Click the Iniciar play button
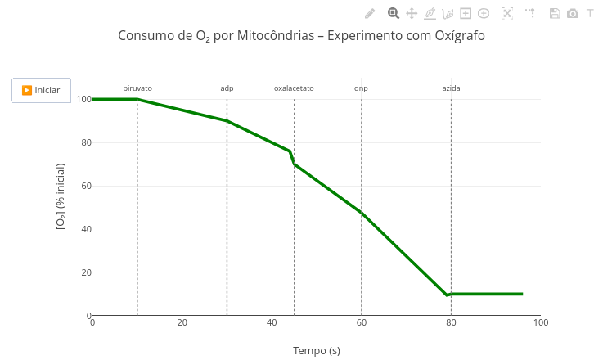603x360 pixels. [x=41, y=90]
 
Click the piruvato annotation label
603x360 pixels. [x=137, y=88]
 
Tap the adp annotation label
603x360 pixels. [x=227, y=88]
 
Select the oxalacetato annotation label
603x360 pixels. [x=294, y=88]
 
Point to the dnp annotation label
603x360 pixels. [x=361, y=88]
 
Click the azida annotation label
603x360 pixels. [x=451, y=88]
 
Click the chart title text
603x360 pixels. [x=301, y=36]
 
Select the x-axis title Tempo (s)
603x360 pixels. [x=317, y=351]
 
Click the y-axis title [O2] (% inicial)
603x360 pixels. [x=61, y=207]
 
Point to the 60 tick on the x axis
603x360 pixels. [x=362, y=323]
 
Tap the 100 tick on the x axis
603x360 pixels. [x=540, y=323]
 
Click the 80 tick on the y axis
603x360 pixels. [x=83, y=142]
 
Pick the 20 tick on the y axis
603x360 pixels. [x=83, y=272]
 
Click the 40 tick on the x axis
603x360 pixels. [x=272, y=323]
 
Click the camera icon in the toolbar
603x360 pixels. [x=573, y=13]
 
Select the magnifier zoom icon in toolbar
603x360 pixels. [x=394, y=13]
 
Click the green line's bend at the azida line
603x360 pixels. [x=448, y=294]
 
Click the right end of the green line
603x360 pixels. [x=522, y=294]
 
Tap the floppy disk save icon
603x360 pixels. [x=555, y=13]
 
